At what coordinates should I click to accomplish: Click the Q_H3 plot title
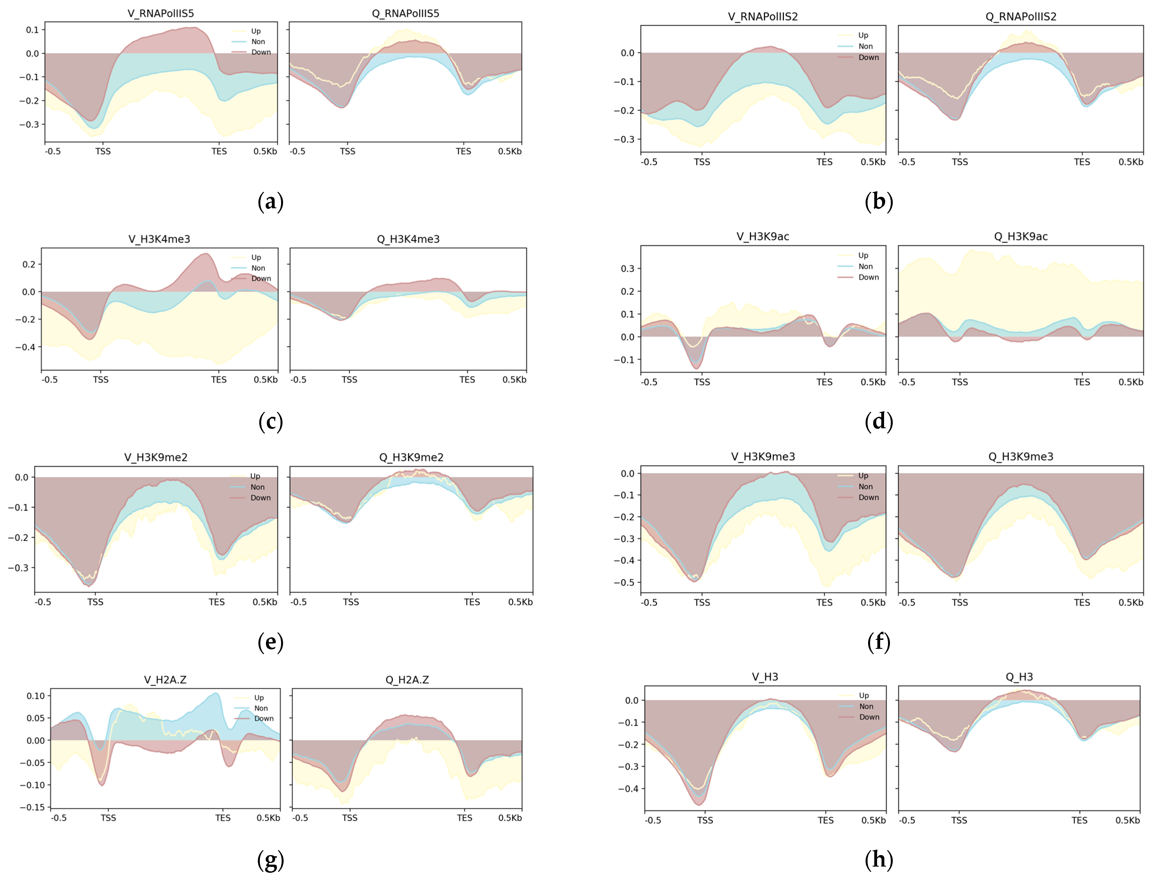(1019, 677)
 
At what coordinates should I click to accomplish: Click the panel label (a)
(270, 202)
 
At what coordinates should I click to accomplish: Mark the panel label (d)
(878, 422)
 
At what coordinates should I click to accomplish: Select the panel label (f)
(878, 642)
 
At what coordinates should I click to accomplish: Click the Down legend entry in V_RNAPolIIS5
(260, 52)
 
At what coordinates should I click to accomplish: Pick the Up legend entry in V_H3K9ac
(863, 256)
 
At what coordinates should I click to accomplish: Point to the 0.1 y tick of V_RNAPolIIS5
(32, 30)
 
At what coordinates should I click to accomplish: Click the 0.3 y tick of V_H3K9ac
(627, 269)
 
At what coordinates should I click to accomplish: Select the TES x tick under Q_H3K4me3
(467, 380)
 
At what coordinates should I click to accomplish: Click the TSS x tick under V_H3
(705, 820)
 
